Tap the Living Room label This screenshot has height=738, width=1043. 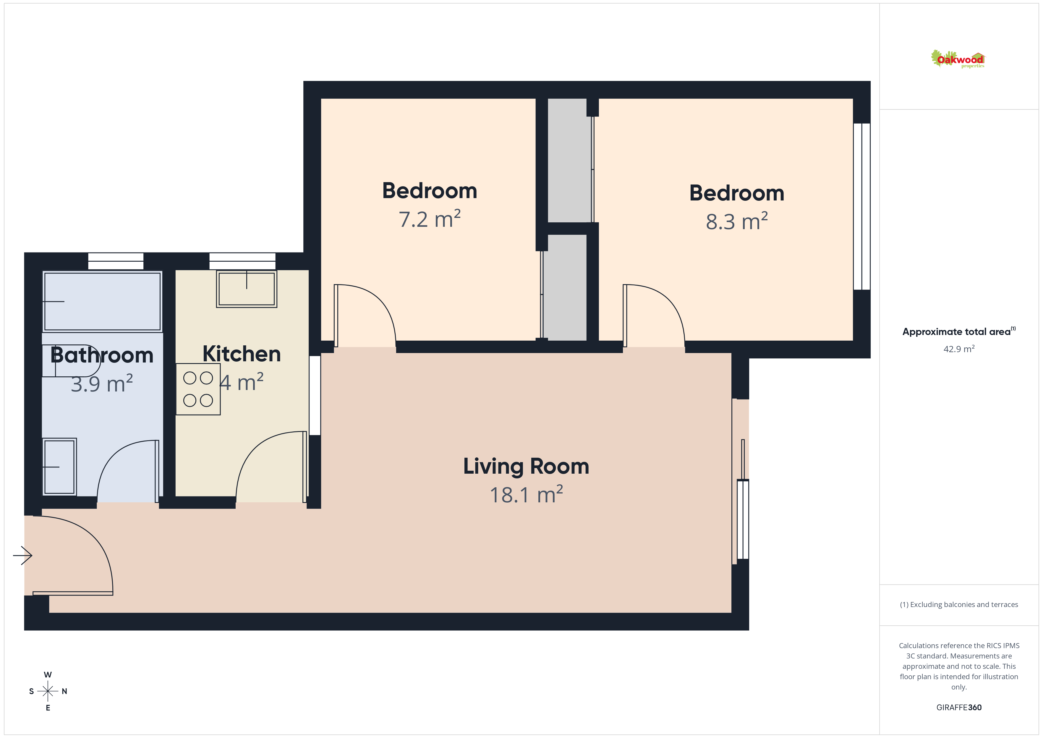526,467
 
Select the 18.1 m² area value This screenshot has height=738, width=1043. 526,494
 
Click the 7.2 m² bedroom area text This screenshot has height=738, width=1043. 429,219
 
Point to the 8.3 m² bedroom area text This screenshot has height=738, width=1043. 736,221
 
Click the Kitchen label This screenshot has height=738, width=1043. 242,354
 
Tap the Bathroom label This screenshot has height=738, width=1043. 102,355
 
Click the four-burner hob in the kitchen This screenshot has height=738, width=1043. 198,389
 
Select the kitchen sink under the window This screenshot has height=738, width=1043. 247,289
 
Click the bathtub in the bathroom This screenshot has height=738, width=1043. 102,301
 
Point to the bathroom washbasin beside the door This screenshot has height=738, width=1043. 59,467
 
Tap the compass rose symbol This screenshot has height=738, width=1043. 48,691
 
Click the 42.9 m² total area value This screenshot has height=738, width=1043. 959,349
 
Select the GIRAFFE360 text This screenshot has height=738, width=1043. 959,708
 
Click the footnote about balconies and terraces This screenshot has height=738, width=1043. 959,604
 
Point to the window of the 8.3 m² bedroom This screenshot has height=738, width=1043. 862,206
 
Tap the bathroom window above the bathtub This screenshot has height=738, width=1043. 116,261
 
